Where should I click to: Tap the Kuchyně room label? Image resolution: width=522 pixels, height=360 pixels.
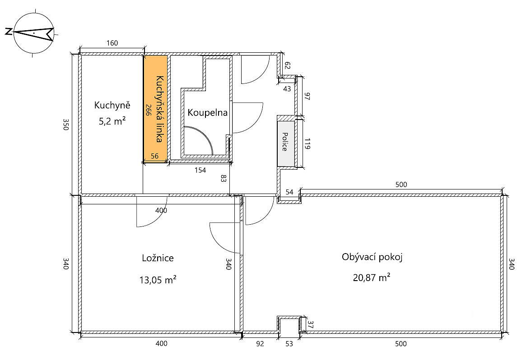(x=112, y=106)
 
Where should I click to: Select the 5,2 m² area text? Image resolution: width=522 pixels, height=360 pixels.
(x=112, y=121)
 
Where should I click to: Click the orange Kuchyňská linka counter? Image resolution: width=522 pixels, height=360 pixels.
(x=155, y=109)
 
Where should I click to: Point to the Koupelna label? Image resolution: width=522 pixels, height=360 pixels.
(x=207, y=112)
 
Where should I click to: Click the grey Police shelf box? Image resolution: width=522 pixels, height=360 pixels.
(x=286, y=143)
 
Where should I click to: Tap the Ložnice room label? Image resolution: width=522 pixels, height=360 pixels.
(x=158, y=258)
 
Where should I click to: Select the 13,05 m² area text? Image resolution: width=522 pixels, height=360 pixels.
(x=158, y=280)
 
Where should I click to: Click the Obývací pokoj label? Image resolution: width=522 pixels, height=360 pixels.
(x=372, y=257)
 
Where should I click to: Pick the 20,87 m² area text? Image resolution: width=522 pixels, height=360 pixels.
(x=372, y=277)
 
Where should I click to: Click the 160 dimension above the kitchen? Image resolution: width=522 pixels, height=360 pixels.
(x=112, y=43)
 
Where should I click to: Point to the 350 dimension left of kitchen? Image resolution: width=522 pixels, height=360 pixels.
(x=65, y=125)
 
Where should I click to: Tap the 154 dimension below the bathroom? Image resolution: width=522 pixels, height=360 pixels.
(x=200, y=171)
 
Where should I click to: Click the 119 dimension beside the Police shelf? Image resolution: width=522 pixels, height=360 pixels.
(x=307, y=144)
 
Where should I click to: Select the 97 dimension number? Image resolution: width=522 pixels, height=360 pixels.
(x=307, y=97)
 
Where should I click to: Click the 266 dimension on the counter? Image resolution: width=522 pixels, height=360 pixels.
(x=148, y=110)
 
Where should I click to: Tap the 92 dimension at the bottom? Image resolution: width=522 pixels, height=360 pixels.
(x=260, y=344)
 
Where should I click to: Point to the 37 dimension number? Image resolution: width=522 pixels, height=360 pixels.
(x=310, y=325)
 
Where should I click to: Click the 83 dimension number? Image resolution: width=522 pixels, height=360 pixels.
(x=224, y=178)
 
